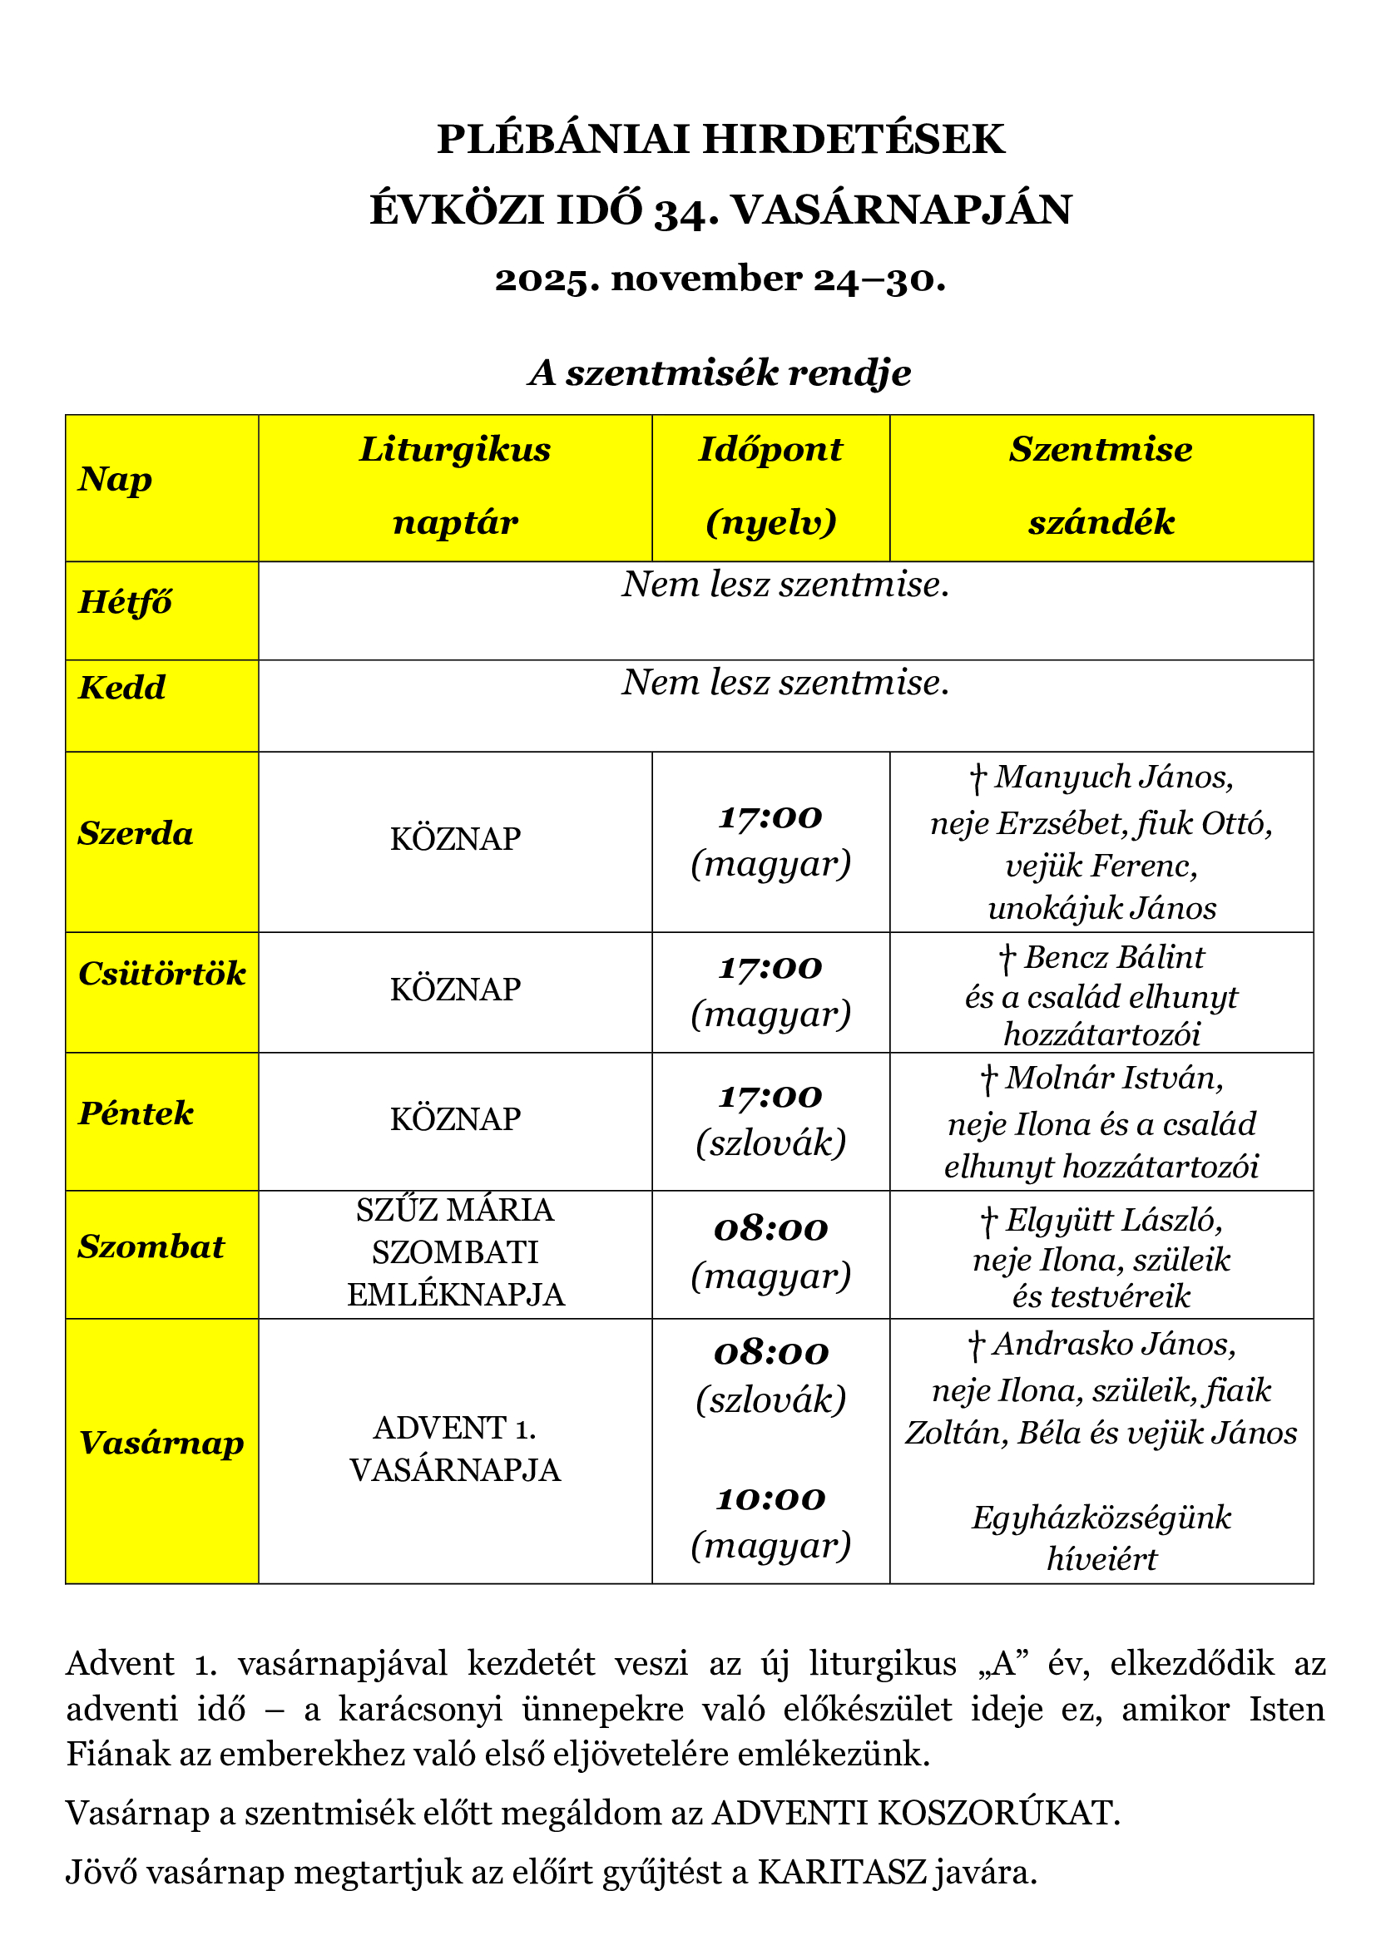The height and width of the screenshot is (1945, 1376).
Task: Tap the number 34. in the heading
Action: (x=686, y=211)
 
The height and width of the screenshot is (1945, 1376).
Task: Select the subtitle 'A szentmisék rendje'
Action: (x=720, y=373)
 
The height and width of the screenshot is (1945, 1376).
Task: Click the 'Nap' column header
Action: (x=116, y=480)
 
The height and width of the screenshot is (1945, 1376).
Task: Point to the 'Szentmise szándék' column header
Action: (x=1101, y=486)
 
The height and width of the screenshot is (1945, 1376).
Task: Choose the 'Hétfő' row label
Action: (x=126, y=602)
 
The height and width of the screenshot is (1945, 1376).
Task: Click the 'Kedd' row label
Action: (x=122, y=688)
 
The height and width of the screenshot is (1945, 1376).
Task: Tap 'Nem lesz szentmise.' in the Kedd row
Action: (x=785, y=683)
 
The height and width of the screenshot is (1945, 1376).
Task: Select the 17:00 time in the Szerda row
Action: (x=770, y=817)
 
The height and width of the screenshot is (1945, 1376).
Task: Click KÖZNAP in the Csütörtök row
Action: (x=455, y=990)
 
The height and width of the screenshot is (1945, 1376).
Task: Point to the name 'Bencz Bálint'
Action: (x=1113, y=957)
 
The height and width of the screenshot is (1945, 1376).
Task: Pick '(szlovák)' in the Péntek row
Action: (x=770, y=1143)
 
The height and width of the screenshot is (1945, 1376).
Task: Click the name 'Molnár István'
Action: (x=1113, y=1079)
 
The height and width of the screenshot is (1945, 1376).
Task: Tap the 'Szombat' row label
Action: (x=151, y=1247)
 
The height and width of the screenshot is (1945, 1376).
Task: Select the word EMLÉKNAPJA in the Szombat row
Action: (x=455, y=1296)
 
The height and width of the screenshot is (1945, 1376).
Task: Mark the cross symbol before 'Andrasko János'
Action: (x=976, y=1346)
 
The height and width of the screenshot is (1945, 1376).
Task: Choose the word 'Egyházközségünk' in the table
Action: (x=1101, y=1518)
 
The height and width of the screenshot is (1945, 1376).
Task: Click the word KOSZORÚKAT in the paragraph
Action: (x=998, y=1814)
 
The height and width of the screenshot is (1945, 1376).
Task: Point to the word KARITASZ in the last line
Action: (x=841, y=1873)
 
